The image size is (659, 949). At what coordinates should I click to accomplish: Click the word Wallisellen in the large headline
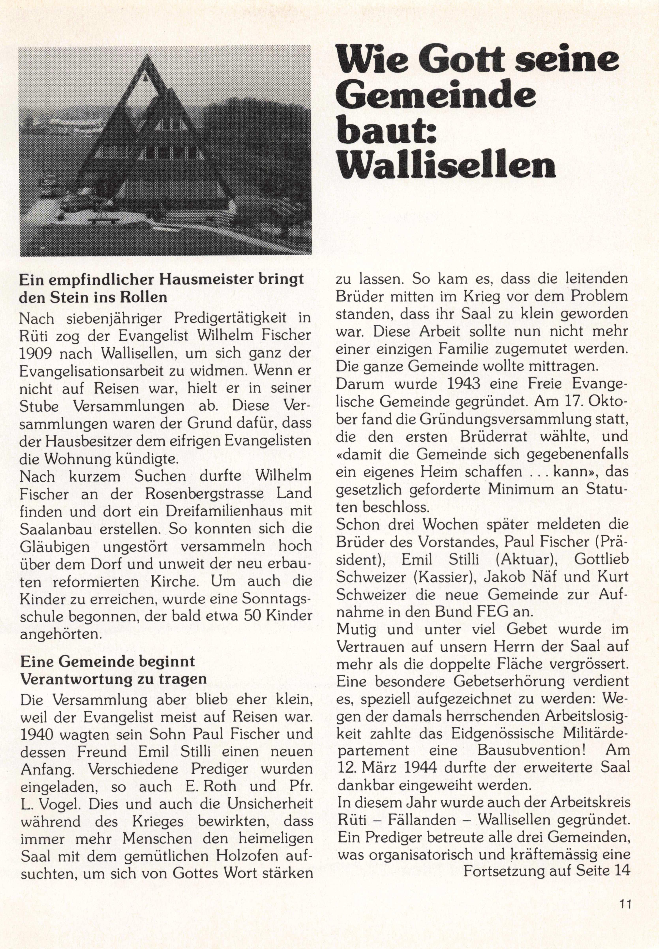coord(446,165)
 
